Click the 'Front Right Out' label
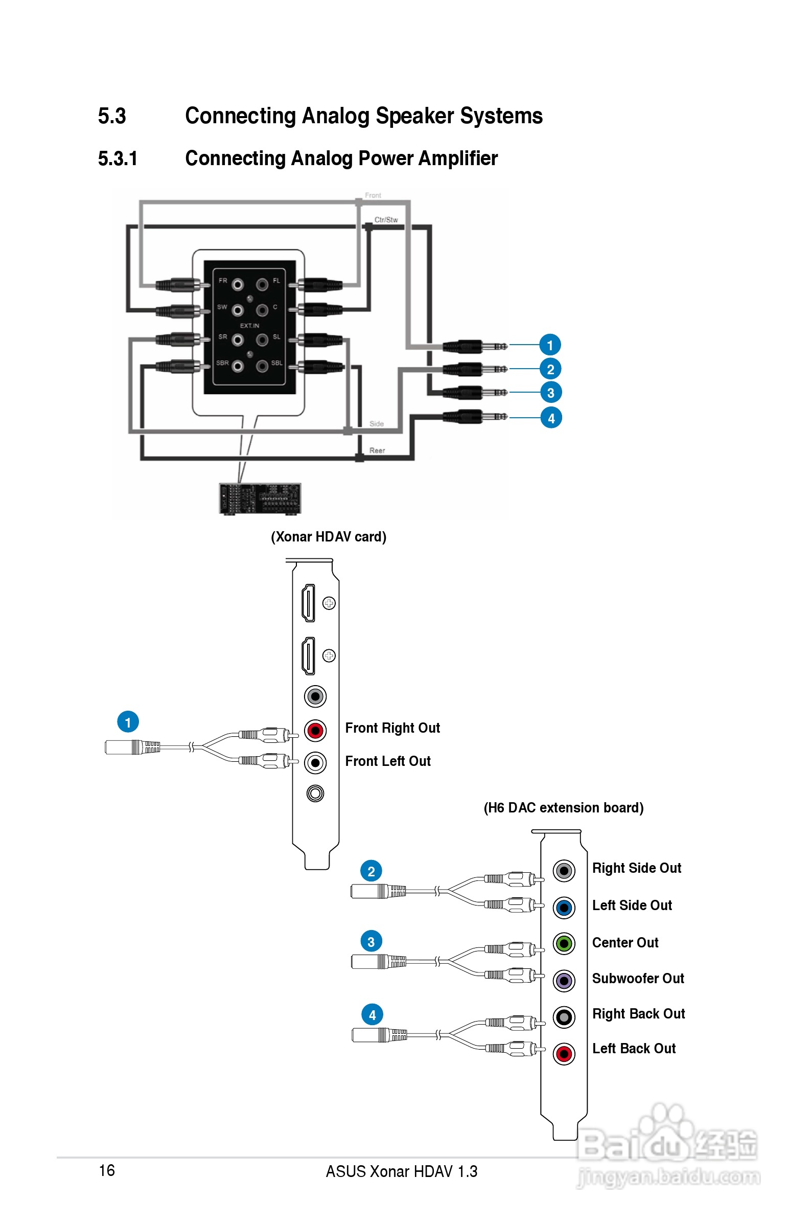[392, 728]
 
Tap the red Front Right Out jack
[315, 731]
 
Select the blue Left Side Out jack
[564, 908]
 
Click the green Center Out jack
[564, 944]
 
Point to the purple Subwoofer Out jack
[564, 980]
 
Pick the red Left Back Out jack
[564, 1054]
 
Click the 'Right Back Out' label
[638, 1013]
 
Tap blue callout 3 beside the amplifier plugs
[551, 393]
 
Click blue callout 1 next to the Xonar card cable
[128, 722]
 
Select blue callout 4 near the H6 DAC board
[372, 1015]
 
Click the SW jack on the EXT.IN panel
[238, 310]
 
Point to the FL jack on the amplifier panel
[262, 284]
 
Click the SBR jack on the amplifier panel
[238, 366]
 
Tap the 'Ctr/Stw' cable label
[386, 220]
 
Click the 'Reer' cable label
[377, 450]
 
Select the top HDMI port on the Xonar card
[308, 603]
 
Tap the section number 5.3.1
[118, 159]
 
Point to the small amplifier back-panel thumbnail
[260, 499]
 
